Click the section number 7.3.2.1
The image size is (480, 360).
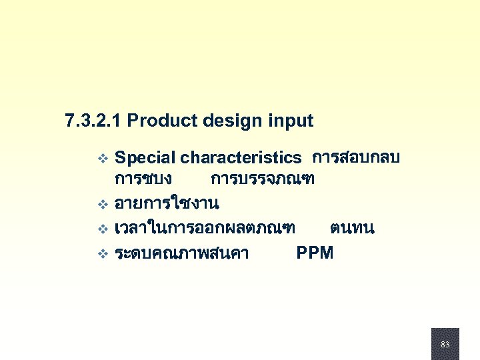93,121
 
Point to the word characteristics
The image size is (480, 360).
241,158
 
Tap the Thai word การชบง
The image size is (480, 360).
143,179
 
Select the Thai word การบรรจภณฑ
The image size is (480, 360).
263,179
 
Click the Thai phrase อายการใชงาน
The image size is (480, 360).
167,201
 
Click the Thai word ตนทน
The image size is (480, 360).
352,229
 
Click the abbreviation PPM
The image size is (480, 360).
315,253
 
